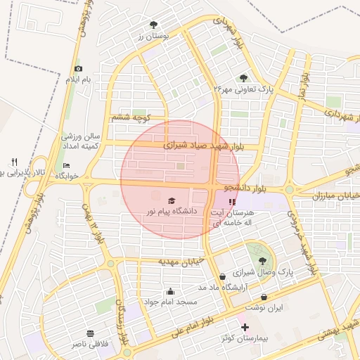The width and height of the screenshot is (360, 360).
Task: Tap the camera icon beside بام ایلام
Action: pos(78,68)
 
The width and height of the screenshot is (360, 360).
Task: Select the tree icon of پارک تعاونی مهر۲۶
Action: pos(244,78)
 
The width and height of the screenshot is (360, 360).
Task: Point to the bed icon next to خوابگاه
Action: pos(67,166)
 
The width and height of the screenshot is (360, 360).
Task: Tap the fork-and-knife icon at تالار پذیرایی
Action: pos(14,162)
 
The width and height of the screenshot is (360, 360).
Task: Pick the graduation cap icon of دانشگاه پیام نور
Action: pos(172,200)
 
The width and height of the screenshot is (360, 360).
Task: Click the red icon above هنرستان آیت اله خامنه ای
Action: pos(233,202)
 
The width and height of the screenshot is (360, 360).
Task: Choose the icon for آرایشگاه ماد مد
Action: pos(223,276)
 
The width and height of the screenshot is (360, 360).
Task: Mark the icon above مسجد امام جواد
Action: pos(170,291)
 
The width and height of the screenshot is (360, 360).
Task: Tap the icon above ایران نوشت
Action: pos(264,297)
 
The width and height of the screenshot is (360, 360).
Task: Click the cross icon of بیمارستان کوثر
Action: pos(244,328)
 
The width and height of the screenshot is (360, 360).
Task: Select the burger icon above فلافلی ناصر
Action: pos(89,333)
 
